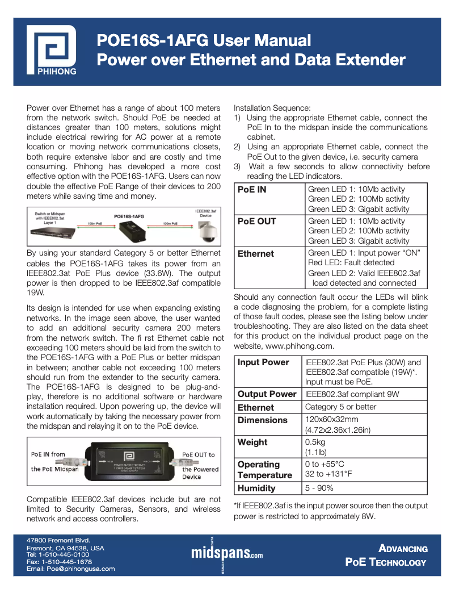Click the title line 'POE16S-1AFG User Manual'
point(204,40)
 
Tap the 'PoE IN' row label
point(251,190)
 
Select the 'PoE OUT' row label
point(256,222)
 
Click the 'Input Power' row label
point(263,362)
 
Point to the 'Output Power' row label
point(267,394)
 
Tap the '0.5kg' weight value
point(316,442)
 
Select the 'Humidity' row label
point(256,488)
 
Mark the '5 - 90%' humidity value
point(319,488)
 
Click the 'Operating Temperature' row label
point(264,470)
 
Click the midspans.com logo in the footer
point(227,552)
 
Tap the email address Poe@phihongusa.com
point(71,569)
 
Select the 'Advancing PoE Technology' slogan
point(386,555)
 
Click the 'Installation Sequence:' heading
point(272,107)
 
